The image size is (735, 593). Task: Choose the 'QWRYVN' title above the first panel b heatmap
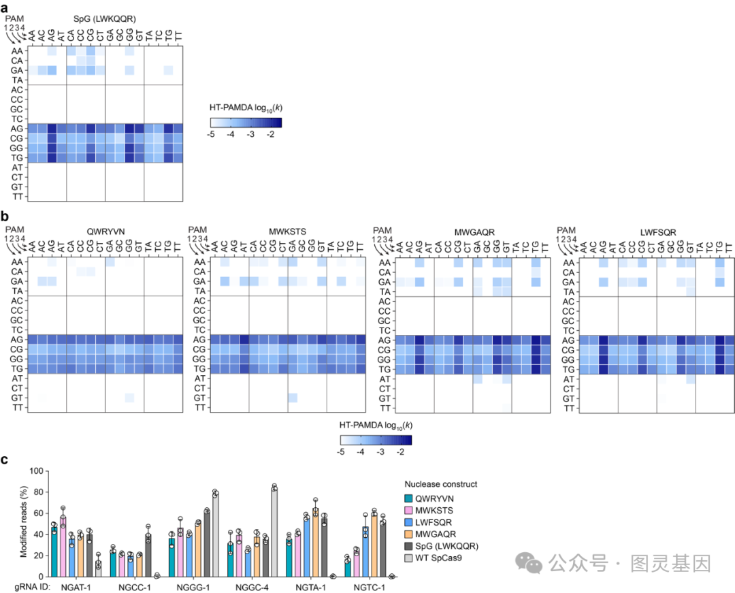pos(100,230)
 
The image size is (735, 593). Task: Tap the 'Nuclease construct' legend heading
pos(440,484)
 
